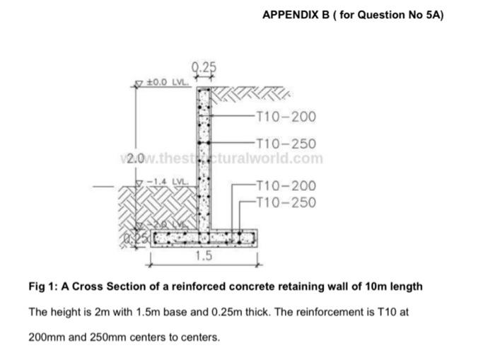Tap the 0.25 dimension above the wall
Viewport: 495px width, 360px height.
tap(204, 67)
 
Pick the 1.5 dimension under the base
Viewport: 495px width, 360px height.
tap(204, 256)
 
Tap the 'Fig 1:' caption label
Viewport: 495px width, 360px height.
tap(41, 286)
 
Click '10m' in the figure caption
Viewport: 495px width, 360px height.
tap(378, 286)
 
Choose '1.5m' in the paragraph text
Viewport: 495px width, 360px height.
tap(156, 312)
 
